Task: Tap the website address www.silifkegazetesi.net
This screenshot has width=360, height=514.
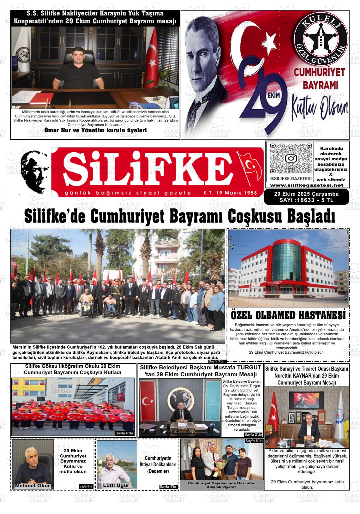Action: [307, 185]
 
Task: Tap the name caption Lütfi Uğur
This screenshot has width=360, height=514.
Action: [116, 485]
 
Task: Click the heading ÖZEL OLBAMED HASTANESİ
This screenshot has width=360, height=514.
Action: [288, 315]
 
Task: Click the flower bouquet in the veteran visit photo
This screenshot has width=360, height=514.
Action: [219, 466]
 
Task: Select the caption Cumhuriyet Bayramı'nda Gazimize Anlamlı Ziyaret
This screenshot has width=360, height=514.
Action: [221, 485]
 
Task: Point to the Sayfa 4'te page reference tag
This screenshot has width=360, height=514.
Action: [168, 487]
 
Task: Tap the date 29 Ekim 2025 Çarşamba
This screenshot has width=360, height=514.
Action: [306, 194]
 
